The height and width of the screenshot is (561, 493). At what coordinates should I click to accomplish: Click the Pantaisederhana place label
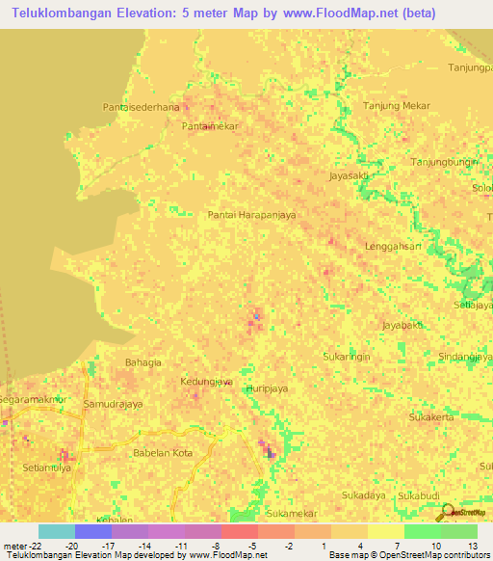(x=141, y=107)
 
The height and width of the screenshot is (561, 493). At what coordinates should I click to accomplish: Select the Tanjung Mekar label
(x=395, y=105)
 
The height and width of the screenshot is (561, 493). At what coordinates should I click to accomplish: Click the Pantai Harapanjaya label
(x=251, y=215)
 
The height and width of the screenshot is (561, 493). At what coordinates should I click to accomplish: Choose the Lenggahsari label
(x=394, y=247)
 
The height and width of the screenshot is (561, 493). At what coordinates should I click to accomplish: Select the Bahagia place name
(x=144, y=362)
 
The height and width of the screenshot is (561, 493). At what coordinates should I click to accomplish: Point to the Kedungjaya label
(x=207, y=382)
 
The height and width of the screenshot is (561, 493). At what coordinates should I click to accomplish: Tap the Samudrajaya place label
(x=114, y=404)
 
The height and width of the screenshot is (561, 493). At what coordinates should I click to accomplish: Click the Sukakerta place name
(x=431, y=417)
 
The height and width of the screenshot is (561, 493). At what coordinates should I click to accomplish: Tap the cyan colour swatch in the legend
(x=57, y=531)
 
